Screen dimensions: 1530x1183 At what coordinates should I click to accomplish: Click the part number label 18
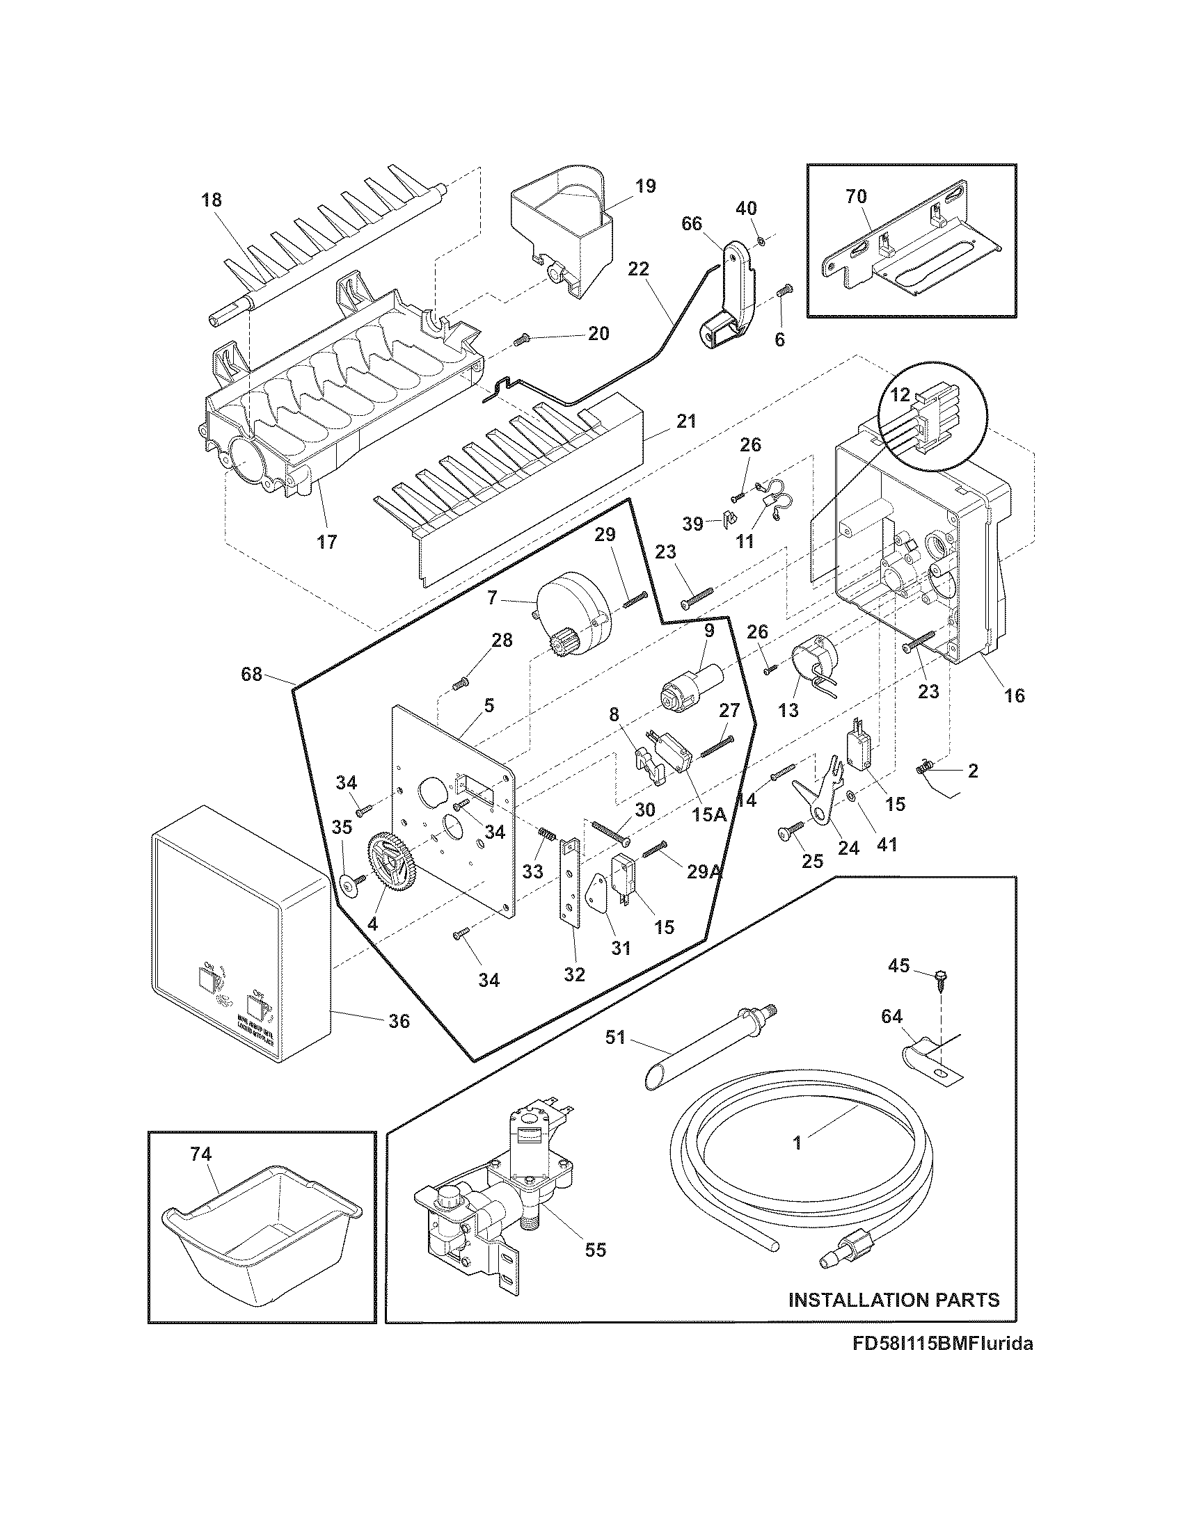tap(211, 200)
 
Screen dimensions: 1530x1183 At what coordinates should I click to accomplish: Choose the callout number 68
tap(251, 675)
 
